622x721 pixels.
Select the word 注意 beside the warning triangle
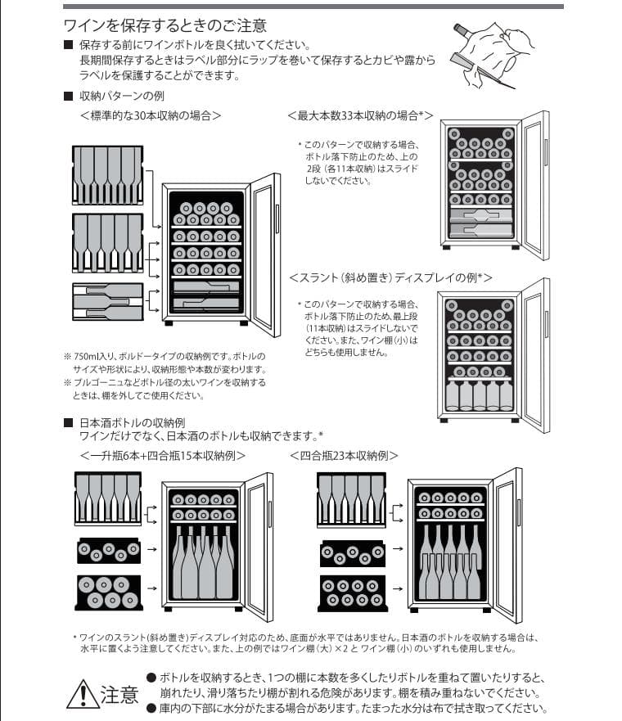point(119,696)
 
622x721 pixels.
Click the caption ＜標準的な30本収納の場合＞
point(151,115)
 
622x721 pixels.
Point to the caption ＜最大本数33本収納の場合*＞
point(360,115)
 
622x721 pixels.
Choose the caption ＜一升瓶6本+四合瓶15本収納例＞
point(162,455)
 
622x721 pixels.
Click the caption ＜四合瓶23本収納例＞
point(343,455)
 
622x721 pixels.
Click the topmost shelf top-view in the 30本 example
point(107,175)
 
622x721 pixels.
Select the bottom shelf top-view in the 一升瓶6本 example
point(107,593)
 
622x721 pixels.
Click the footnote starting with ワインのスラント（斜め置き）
point(303,642)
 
